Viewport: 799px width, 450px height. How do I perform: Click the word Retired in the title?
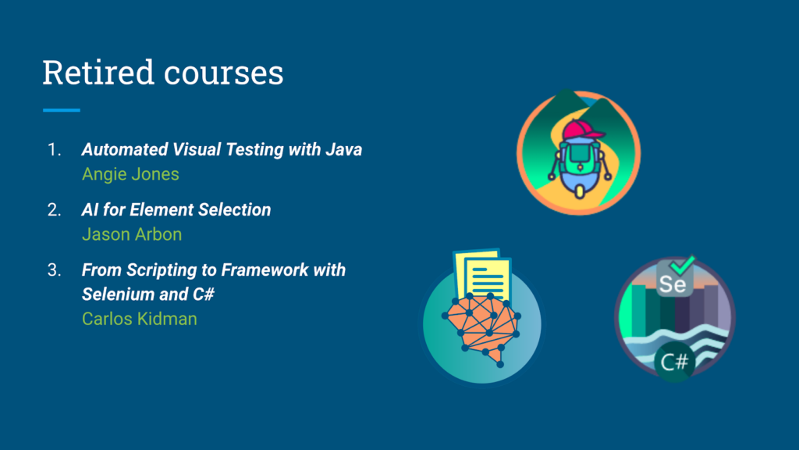coord(98,72)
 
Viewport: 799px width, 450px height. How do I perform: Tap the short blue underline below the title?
coord(62,109)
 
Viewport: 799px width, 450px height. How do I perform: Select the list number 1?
coord(54,149)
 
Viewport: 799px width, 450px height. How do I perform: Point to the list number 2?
coord(54,209)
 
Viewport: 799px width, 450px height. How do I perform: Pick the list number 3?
coord(54,270)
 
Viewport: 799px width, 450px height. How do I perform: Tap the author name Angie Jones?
coord(130,174)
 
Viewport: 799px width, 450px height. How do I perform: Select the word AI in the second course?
coord(90,209)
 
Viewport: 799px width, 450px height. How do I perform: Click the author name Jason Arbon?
coord(132,234)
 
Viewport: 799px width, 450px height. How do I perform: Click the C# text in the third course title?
coord(204,295)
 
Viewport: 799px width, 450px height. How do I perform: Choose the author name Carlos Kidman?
coord(140,319)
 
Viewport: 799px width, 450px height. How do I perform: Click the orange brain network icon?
coord(482,330)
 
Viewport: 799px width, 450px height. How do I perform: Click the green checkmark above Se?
coord(682,264)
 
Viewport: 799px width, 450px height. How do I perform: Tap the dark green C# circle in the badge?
coord(674,362)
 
